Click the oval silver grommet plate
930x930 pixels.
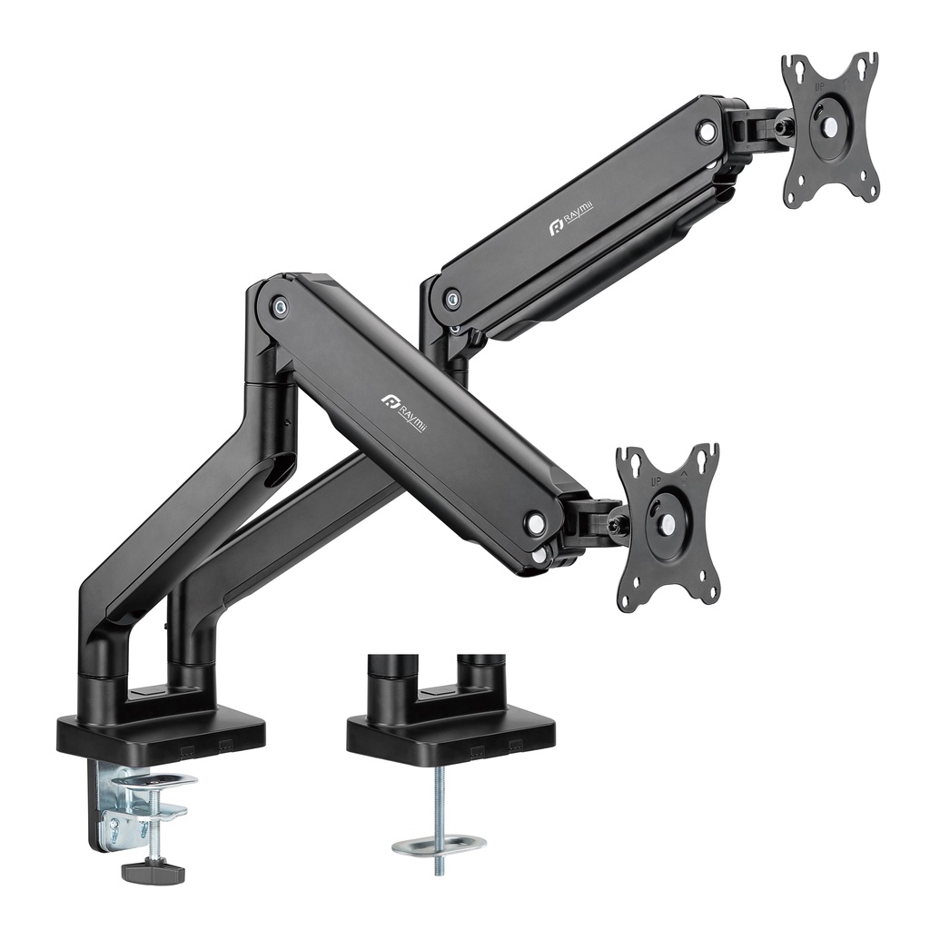pyautogui.click(x=439, y=845)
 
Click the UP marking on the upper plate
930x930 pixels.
pyautogui.click(x=820, y=86)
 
